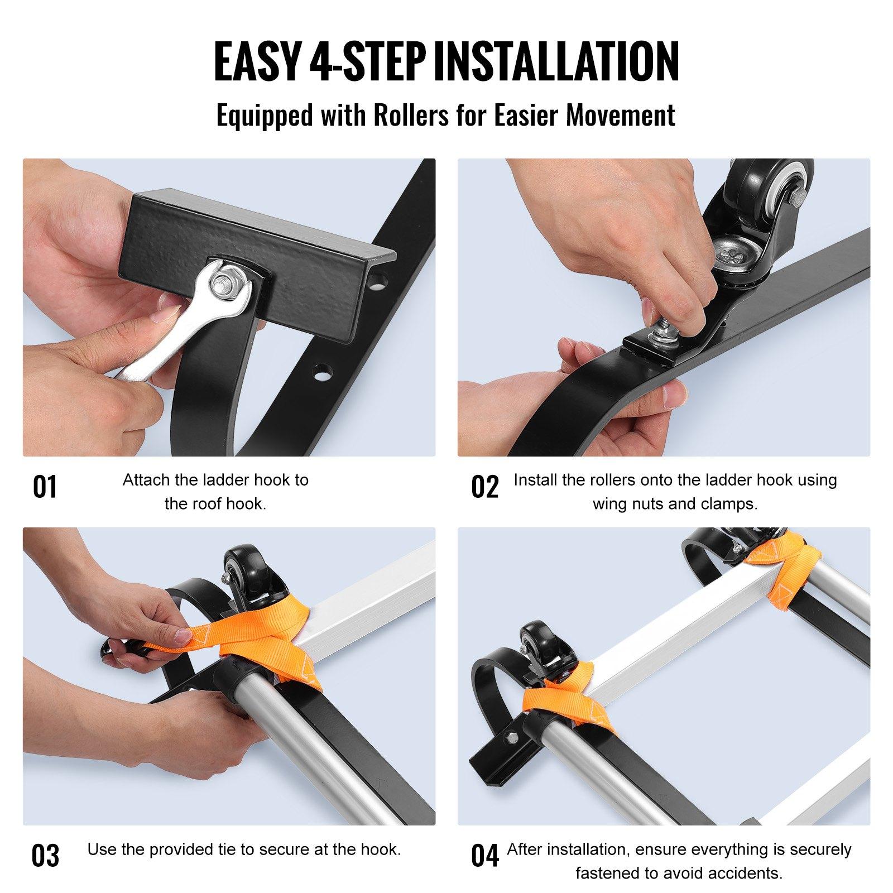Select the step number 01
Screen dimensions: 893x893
45,487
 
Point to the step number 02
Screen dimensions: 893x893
484,487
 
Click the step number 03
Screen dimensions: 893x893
45,856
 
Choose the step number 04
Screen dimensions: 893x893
484,856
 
